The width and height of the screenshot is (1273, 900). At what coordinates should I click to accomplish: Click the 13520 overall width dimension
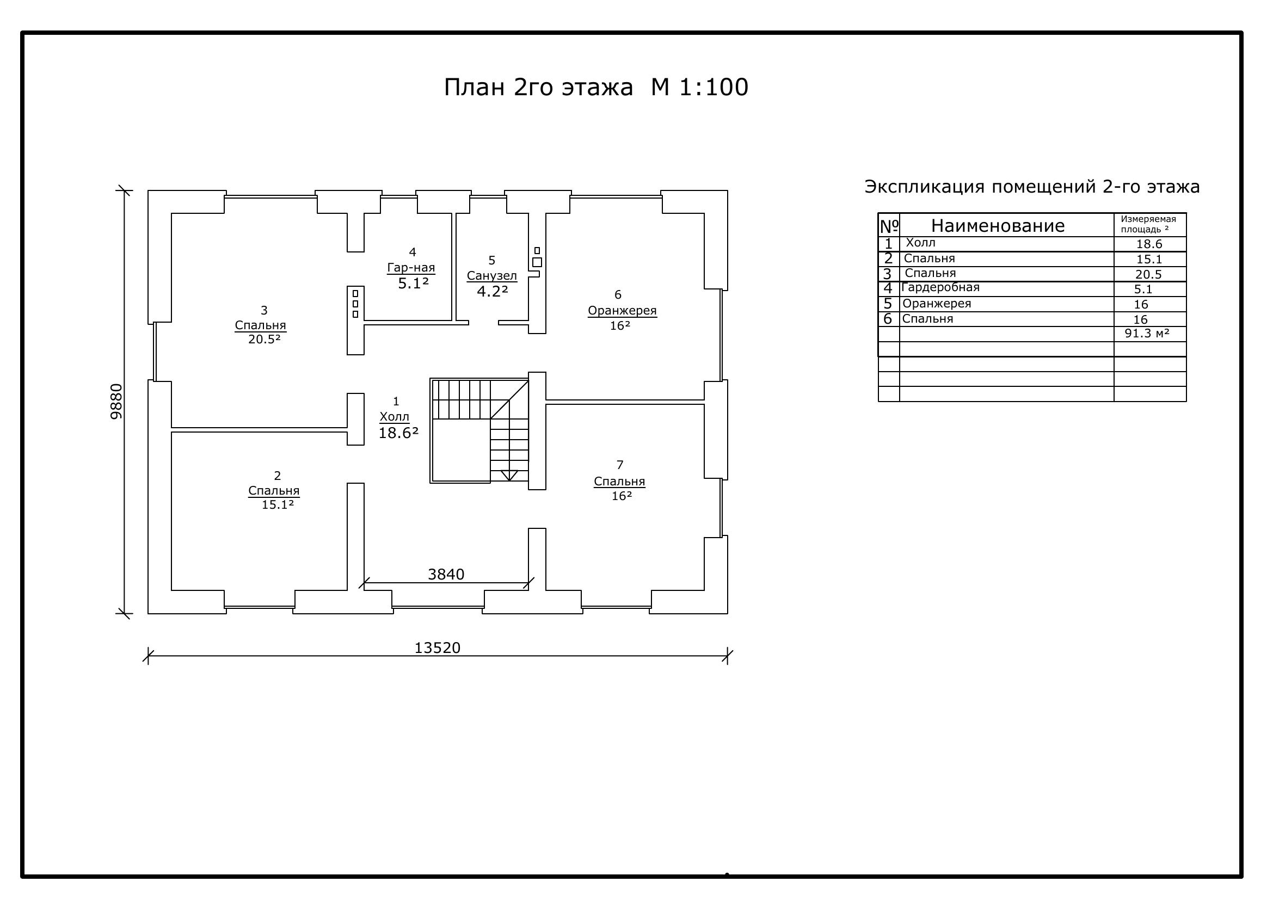click(438, 648)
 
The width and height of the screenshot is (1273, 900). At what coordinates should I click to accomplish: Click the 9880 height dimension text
click(116, 401)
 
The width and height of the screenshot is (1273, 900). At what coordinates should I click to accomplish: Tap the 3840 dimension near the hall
click(446, 575)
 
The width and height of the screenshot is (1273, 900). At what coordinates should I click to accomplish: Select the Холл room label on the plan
click(394, 417)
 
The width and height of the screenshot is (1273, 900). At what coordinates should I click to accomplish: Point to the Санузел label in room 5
click(492, 275)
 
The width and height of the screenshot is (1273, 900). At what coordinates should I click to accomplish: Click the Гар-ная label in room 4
click(411, 268)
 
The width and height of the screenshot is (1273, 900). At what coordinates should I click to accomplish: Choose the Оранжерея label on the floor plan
click(622, 310)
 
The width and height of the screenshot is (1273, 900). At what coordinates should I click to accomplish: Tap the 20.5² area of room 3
click(265, 339)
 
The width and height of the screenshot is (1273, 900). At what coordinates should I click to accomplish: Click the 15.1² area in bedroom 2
click(278, 504)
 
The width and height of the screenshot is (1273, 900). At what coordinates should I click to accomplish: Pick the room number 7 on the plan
click(620, 464)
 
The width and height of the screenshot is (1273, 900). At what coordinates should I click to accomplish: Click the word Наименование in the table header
click(998, 226)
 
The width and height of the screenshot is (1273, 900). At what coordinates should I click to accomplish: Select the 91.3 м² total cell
click(1147, 333)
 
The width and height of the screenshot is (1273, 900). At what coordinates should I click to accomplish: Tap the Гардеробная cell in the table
click(940, 288)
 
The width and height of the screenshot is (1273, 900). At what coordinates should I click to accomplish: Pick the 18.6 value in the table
click(1149, 244)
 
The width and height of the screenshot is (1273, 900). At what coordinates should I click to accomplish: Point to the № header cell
click(889, 226)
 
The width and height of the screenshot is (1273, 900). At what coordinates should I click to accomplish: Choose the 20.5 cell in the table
click(1148, 274)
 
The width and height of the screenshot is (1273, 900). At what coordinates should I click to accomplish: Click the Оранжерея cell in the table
click(937, 304)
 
